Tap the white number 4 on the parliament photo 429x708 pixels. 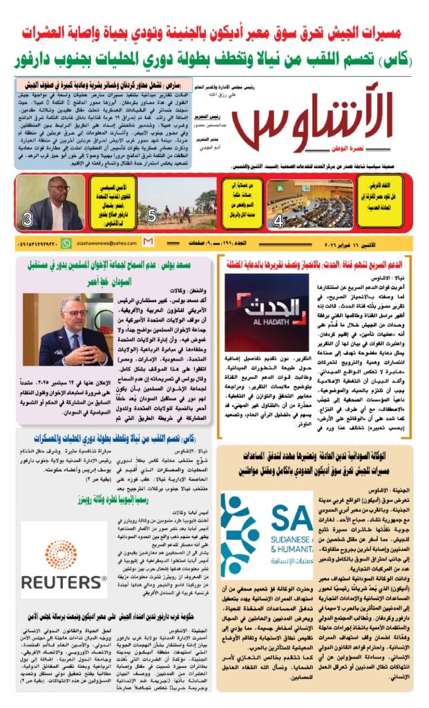coord(278,221)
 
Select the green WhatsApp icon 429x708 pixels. coord(66,243)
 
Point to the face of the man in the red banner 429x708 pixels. coord(49,194)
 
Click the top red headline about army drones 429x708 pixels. coord(214,32)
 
